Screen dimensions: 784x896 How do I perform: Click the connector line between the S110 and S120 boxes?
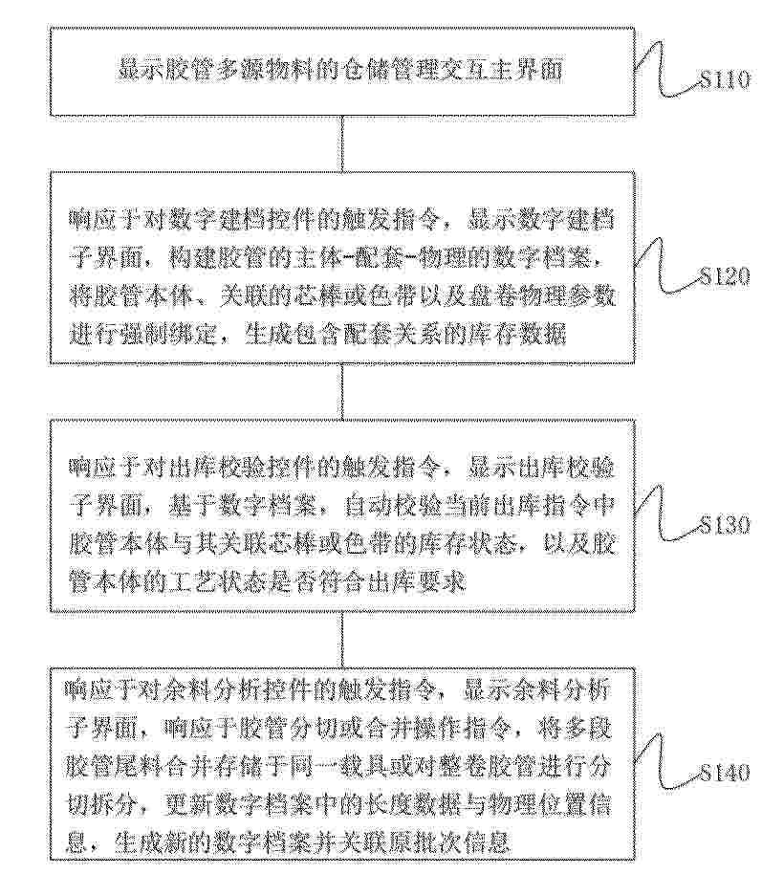(x=341, y=142)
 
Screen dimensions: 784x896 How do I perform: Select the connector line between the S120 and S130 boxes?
(x=341, y=391)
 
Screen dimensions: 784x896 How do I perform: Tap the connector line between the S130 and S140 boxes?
(x=341, y=640)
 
